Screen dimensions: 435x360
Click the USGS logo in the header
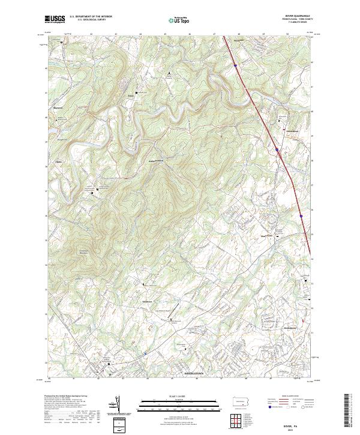pyautogui.click(x=55, y=20)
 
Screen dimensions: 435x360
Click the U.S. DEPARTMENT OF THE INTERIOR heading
pyautogui.click(x=91, y=17)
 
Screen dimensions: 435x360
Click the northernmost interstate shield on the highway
pyautogui.click(x=236, y=60)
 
